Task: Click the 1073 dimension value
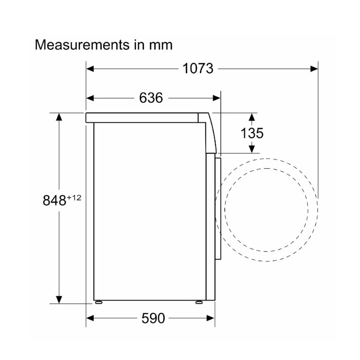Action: click(x=198, y=68)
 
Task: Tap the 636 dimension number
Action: click(x=151, y=98)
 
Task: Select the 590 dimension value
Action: click(x=153, y=318)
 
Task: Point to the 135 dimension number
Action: click(x=252, y=133)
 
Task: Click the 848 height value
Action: click(x=54, y=200)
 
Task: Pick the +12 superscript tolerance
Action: click(x=74, y=197)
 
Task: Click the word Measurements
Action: click(x=82, y=45)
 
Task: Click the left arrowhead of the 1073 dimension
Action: click(x=90, y=68)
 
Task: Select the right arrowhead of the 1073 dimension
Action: click(x=314, y=68)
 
